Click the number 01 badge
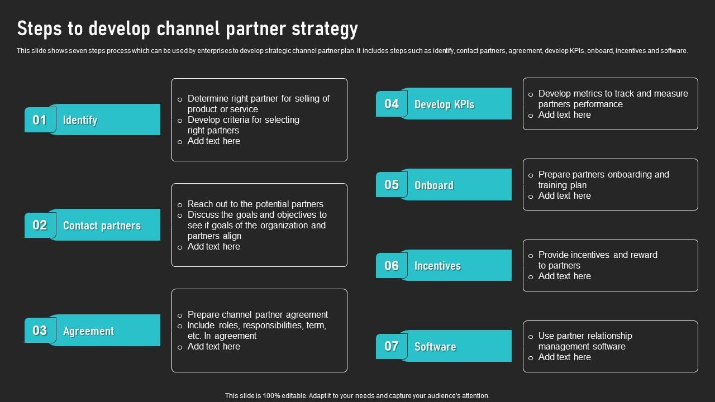click(39, 120)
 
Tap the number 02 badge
click(39, 225)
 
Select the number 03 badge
click(39, 331)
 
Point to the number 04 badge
click(391, 104)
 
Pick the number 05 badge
click(391, 185)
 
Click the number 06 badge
click(391, 266)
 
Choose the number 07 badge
click(391, 346)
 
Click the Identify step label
click(80, 120)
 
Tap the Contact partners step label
click(102, 226)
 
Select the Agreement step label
click(88, 331)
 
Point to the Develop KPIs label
click(444, 104)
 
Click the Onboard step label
click(433, 185)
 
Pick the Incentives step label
click(437, 266)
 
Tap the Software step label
click(435, 347)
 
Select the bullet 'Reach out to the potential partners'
click(255, 204)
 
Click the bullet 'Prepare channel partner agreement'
click(258, 314)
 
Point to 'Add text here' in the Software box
click(564, 357)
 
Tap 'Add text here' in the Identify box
click(213, 141)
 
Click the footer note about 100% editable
click(357, 396)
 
